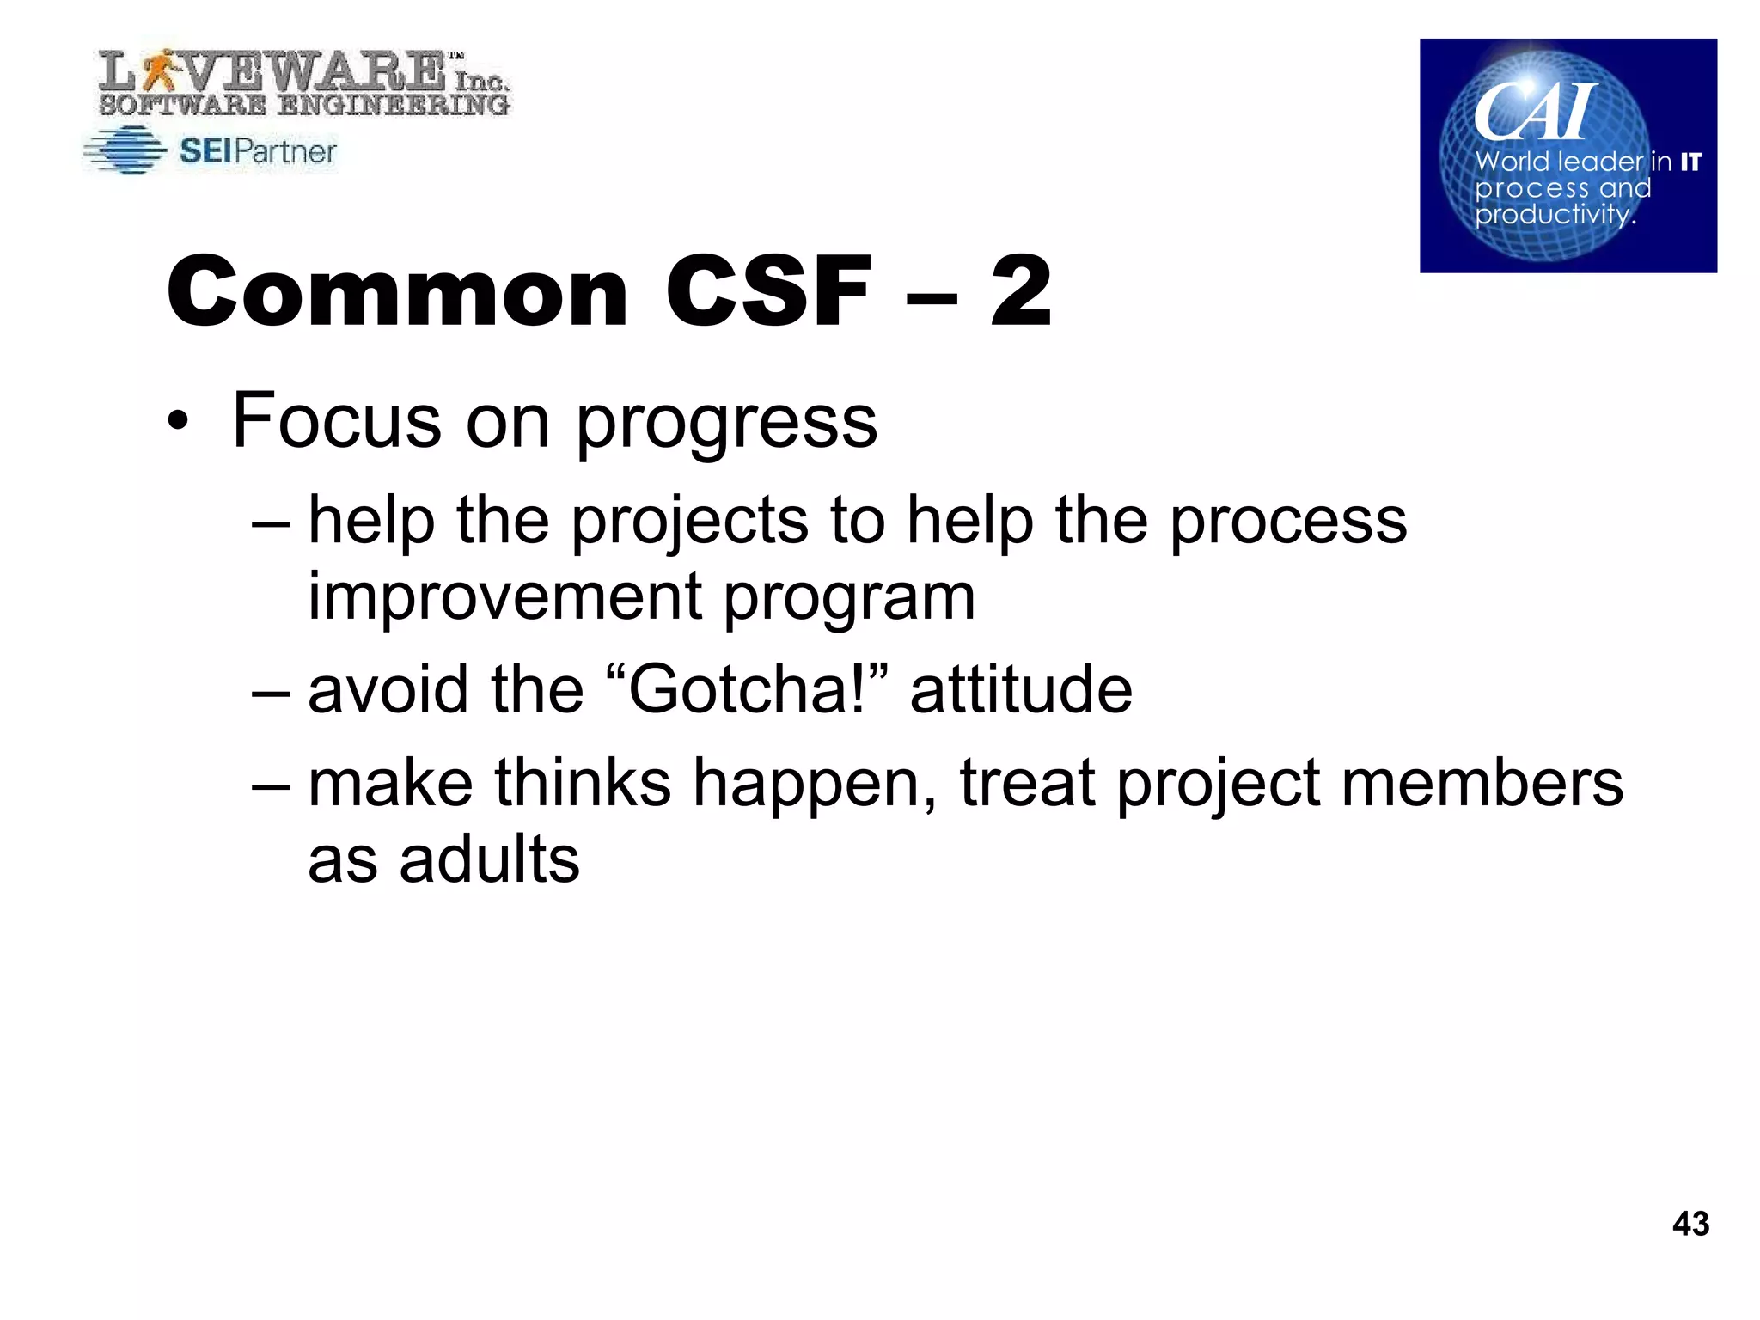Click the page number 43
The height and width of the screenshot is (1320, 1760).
coord(1690,1223)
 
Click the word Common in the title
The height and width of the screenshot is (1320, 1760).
coord(398,292)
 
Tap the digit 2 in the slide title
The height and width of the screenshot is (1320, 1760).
coord(1020,292)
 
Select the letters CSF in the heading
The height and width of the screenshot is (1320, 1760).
coord(768,292)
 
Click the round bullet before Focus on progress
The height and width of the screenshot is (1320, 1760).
coord(177,422)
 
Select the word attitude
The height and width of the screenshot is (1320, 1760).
coord(1021,689)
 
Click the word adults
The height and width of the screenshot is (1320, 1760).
coord(489,859)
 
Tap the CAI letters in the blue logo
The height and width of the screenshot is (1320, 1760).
coord(1534,112)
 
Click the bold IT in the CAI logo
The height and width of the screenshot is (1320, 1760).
coord(1690,162)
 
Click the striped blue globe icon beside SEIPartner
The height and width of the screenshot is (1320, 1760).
coord(126,151)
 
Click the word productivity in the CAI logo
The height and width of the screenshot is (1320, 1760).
coord(1554,214)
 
